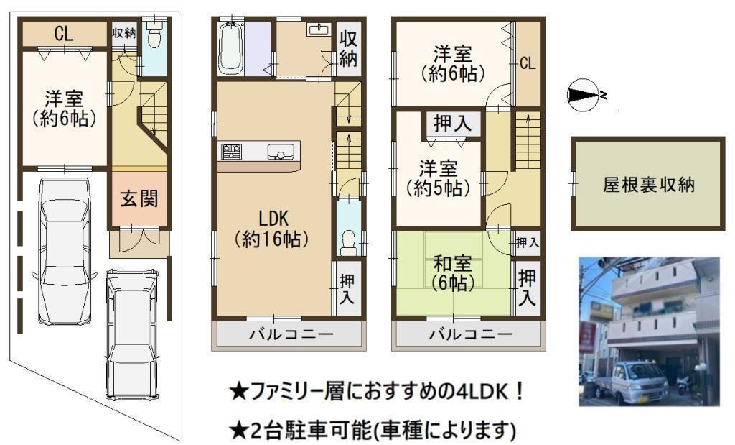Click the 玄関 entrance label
tap(139, 199)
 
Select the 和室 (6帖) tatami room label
tap(452, 273)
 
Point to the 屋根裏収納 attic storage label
tap(648, 185)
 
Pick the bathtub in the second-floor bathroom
tap(230, 49)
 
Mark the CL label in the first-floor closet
tap(63, 34)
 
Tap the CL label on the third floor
tap(528, 63)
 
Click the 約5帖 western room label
tap(439, 178)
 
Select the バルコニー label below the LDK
tap(291, 334)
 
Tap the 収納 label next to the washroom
tap(348, 48)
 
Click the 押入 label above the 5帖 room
tap(452, 124)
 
